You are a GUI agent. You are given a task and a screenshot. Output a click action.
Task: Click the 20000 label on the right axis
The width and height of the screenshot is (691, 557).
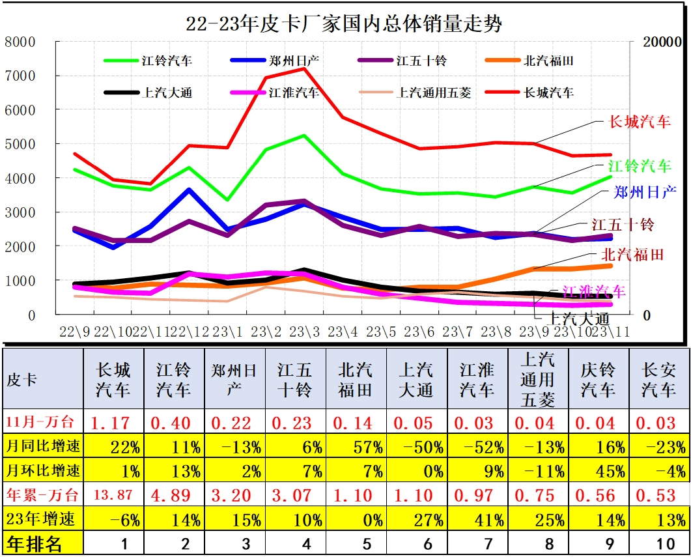662,42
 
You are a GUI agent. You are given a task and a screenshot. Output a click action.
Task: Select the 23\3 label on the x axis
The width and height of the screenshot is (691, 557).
305,332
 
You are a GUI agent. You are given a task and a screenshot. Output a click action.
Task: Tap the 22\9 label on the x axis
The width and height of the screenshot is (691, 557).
75,332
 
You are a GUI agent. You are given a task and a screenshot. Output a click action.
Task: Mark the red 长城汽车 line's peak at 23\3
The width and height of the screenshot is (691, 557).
304,68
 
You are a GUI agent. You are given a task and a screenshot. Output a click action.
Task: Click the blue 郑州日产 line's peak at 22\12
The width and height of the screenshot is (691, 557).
190,190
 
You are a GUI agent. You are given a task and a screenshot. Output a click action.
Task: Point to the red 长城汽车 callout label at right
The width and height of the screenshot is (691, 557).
639,122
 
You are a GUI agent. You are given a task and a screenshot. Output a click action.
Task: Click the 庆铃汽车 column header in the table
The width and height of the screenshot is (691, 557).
599,380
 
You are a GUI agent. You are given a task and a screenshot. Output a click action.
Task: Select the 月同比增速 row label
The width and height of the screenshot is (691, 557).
43,447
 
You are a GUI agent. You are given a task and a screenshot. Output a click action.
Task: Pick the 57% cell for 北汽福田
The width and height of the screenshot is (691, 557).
355,447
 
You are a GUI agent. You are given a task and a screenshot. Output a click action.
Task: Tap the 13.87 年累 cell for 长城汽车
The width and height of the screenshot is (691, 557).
113,495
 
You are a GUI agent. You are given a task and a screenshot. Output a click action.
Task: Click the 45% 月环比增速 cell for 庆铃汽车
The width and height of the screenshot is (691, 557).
599,471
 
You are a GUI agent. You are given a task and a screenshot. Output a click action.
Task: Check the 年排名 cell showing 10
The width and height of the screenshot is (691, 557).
658,543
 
